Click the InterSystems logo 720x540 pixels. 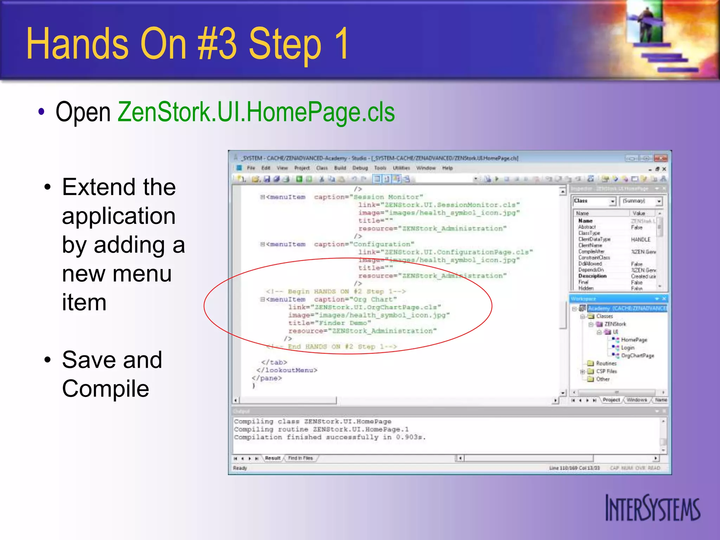[x=652, y=508]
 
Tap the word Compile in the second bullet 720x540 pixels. [x=105, y=389]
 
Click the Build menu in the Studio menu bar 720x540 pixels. [x=340, y=168]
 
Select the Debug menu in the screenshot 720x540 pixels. [x=360, y=168]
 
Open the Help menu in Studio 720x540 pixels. [x=447, y=168]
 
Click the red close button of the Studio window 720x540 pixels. [x=661, y=158]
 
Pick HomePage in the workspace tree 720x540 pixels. [x=634, y=340]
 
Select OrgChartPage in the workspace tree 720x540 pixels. [x=637, y=355]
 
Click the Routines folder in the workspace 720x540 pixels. [x=606, y=363]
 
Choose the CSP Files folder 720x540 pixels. [x=606, y=371]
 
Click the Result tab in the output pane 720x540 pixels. [x=272, y=458]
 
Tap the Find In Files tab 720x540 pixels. [x=300, y=458]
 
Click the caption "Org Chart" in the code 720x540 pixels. [x=355, y=300]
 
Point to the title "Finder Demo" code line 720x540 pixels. [x=329, y=323]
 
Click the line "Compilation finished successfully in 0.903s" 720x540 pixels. [x=329, y=437]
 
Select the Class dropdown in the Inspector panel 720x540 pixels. [x=594, y=201]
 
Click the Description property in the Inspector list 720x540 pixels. [x=592, y=276]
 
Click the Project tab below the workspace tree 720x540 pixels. [x=611, y=400]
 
